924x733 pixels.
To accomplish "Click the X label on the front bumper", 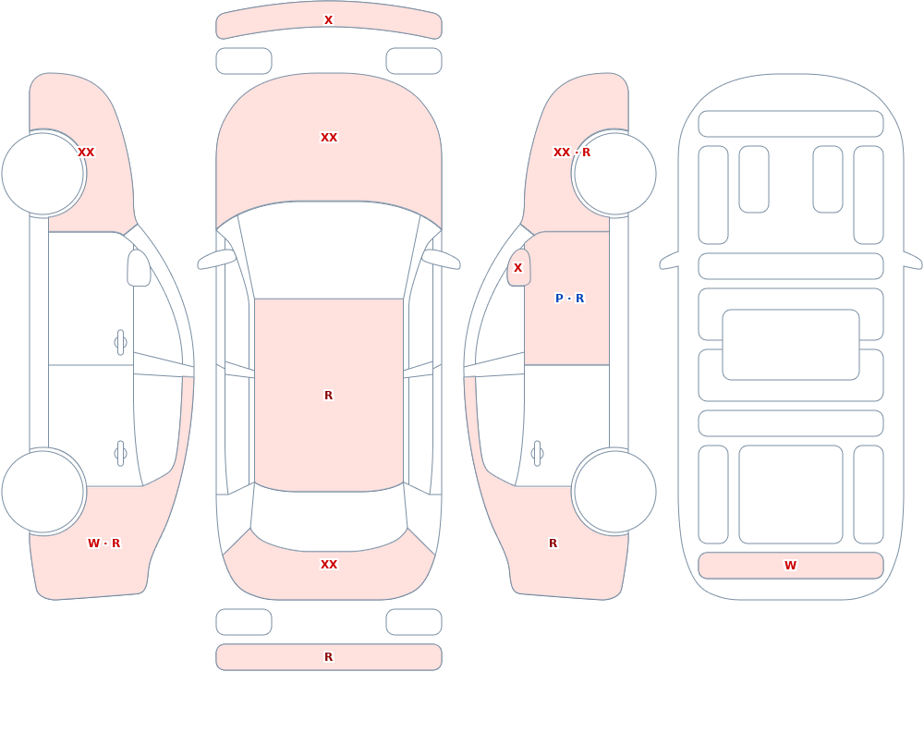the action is [x=329, y=20].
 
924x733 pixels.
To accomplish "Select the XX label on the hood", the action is [x=329, y=138].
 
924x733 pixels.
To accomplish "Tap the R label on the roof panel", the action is [x=329, y=395].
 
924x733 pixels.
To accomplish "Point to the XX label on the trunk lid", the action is [x=329, y=565].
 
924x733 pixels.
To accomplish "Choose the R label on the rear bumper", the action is [x=329, y=657].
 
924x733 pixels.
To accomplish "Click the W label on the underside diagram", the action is [x=790, y=566].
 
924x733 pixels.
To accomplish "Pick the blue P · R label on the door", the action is [x=570, y=299].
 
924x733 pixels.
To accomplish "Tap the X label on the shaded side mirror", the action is [x=518, y=268].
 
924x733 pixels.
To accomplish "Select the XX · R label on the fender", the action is [x=572, y=153].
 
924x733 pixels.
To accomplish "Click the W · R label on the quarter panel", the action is [x=103, y=544].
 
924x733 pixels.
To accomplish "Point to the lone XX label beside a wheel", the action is [x=86, y=153].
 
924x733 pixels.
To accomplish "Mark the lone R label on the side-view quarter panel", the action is [x=553, y=544].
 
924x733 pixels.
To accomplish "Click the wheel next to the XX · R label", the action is [x=614, y=174].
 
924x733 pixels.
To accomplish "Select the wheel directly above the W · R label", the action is [x=43, y=492].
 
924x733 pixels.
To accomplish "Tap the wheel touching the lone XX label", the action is [x=43, y=174].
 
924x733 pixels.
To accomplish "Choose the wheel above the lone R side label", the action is [x=614, y=492].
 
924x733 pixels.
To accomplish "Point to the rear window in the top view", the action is [x=329, y=519].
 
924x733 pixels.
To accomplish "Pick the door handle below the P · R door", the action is [x=537, y=454].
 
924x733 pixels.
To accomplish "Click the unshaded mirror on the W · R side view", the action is [x=140, y=268].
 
